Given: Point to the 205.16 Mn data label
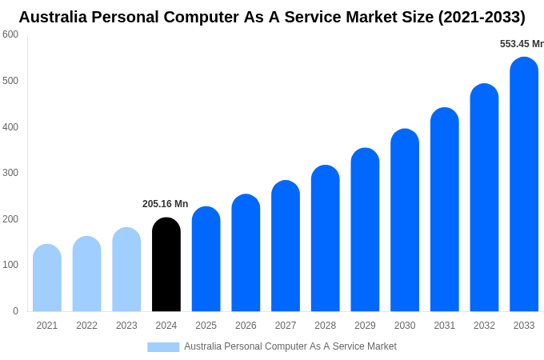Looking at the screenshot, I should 166,204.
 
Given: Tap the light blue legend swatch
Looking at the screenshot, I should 163,347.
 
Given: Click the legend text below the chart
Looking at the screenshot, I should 290,346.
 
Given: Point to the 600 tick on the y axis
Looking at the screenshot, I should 10,34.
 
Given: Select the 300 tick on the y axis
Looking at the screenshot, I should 10,173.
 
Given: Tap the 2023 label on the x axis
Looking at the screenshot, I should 126,326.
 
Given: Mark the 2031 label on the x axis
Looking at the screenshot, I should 445,326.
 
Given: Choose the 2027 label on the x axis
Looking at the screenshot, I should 286,326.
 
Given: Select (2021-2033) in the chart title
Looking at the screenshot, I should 482,17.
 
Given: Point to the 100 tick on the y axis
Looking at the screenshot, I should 10,265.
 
